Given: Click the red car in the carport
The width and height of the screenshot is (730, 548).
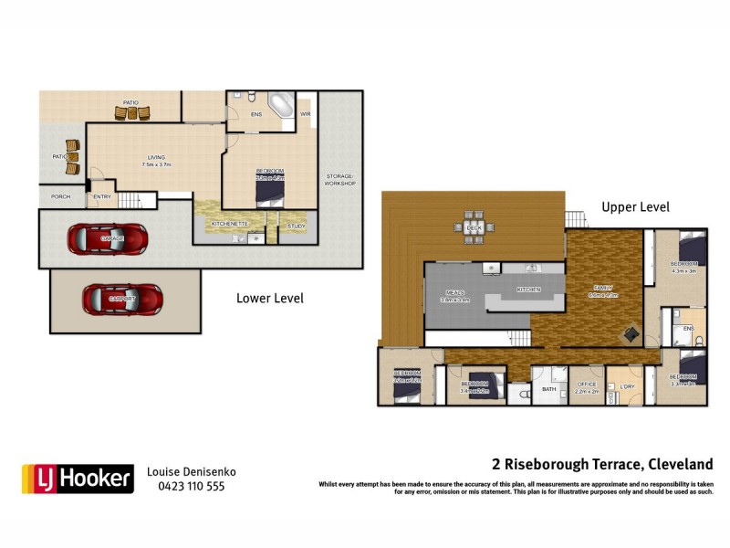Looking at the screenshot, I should (122, 298).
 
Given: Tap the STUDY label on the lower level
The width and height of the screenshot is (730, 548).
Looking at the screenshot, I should (296, 226).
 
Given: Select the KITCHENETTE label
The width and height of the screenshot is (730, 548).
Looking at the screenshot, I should (230, 223).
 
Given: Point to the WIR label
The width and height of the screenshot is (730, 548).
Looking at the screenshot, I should (306, 114).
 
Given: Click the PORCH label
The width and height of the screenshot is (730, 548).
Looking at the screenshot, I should (60, 196).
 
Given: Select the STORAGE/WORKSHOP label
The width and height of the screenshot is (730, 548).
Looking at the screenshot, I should (340, 179).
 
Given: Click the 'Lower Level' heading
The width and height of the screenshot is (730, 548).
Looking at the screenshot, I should (270, 298).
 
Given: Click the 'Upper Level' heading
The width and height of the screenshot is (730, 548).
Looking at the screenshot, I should (635, 207).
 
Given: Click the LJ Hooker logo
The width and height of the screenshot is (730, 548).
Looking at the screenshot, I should (78, 478).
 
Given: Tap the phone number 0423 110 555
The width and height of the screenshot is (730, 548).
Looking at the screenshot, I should (185, 486).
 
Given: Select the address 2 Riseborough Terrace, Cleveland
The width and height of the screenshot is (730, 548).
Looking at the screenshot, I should (602, 464).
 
